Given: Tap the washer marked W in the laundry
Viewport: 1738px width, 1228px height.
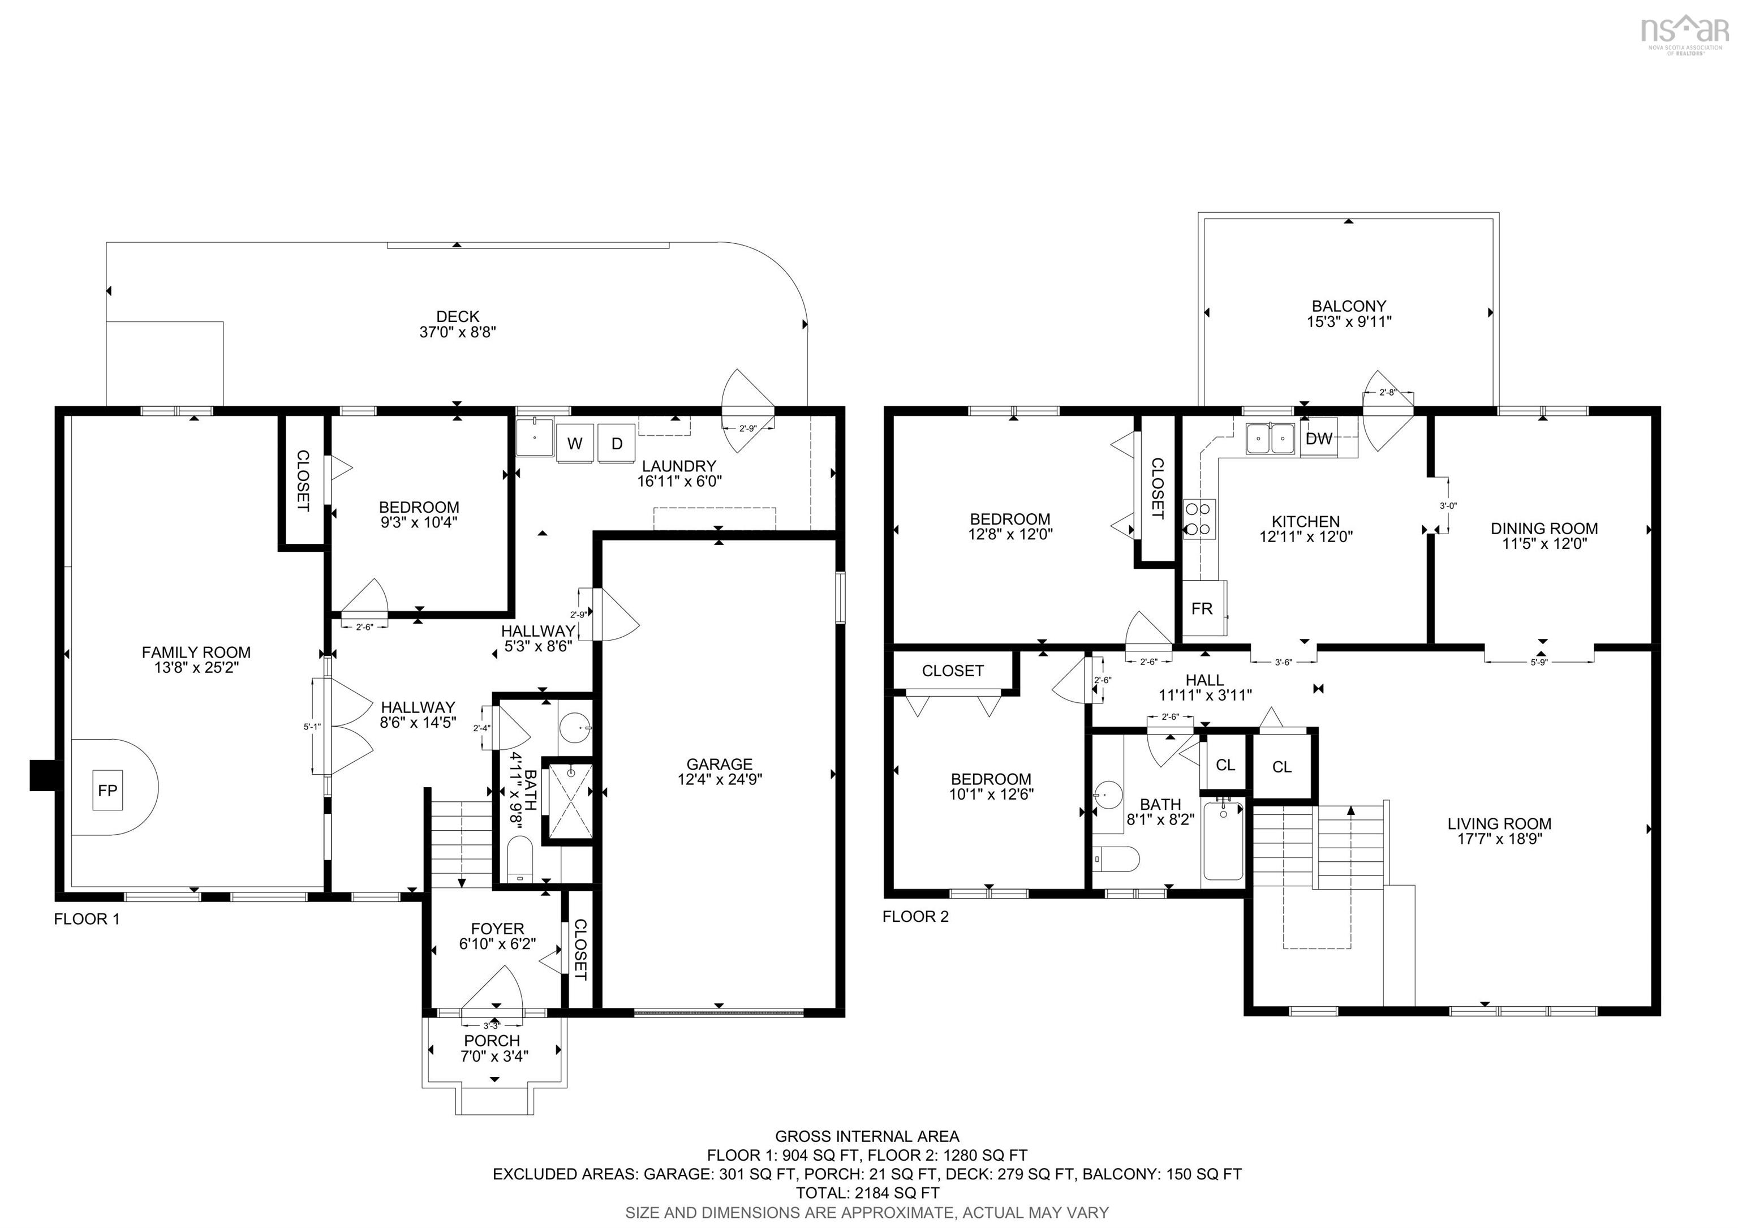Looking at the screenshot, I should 575,444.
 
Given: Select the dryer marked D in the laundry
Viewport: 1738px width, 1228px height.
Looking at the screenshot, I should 617,444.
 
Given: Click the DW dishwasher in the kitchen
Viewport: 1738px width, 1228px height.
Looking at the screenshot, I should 1319,439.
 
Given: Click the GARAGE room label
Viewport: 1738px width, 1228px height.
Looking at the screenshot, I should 719,764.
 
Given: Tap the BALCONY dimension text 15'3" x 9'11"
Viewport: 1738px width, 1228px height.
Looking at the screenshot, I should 1348,321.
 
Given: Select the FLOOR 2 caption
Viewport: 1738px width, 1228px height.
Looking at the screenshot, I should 915,916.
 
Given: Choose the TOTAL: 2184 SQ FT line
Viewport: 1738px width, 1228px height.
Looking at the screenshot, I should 867,1192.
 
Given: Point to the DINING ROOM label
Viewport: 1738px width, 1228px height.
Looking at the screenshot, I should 1544,529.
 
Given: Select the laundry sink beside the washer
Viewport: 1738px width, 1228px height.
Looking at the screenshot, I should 535,437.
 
